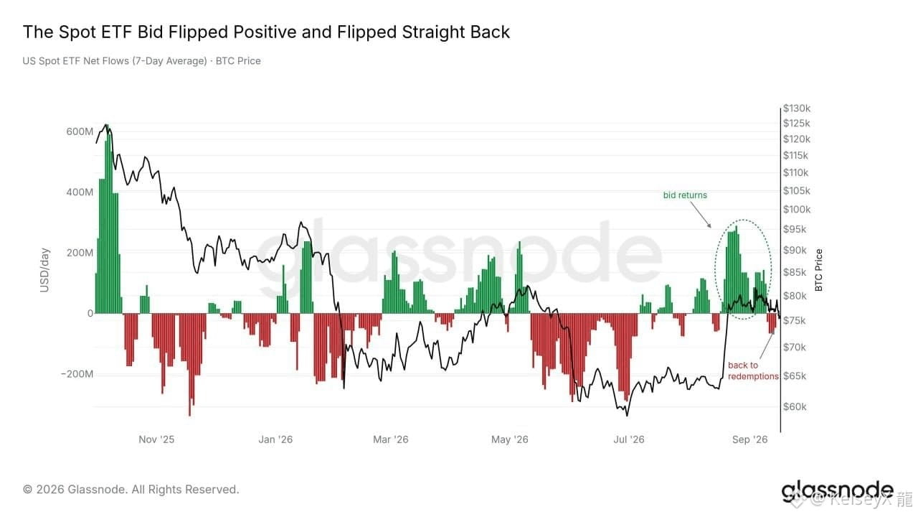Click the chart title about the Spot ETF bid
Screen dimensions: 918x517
tap(266, 32)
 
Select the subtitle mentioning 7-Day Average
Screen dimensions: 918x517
tap(141, 61)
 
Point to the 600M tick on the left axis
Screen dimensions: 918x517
tap(80, 131)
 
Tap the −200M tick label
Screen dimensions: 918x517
tap(77, 374)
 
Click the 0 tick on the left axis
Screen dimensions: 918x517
tap(90, 314)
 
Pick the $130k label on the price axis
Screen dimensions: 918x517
tap(797, 108)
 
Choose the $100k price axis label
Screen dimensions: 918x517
tap(797, 210)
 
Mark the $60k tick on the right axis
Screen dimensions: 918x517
tap(795, 406)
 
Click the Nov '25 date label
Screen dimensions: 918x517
tap(156, 439)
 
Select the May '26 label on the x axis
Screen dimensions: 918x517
tap(510, 439)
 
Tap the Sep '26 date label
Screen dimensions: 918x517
tap(750, 439)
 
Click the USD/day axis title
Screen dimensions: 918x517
tap(44, 270)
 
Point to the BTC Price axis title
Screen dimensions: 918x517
tap(819, 270)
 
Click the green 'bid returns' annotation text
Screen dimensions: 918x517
tap(685, 195)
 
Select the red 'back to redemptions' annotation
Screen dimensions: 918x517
tap(753, 371)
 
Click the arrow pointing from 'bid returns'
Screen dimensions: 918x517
tap(701, 215)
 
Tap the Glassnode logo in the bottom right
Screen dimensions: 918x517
tap(837, 490)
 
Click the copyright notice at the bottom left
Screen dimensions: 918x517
tap(131, 490)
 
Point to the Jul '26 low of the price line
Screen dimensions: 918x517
tap(627, 416)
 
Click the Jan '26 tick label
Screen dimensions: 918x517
tap(275, 439)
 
